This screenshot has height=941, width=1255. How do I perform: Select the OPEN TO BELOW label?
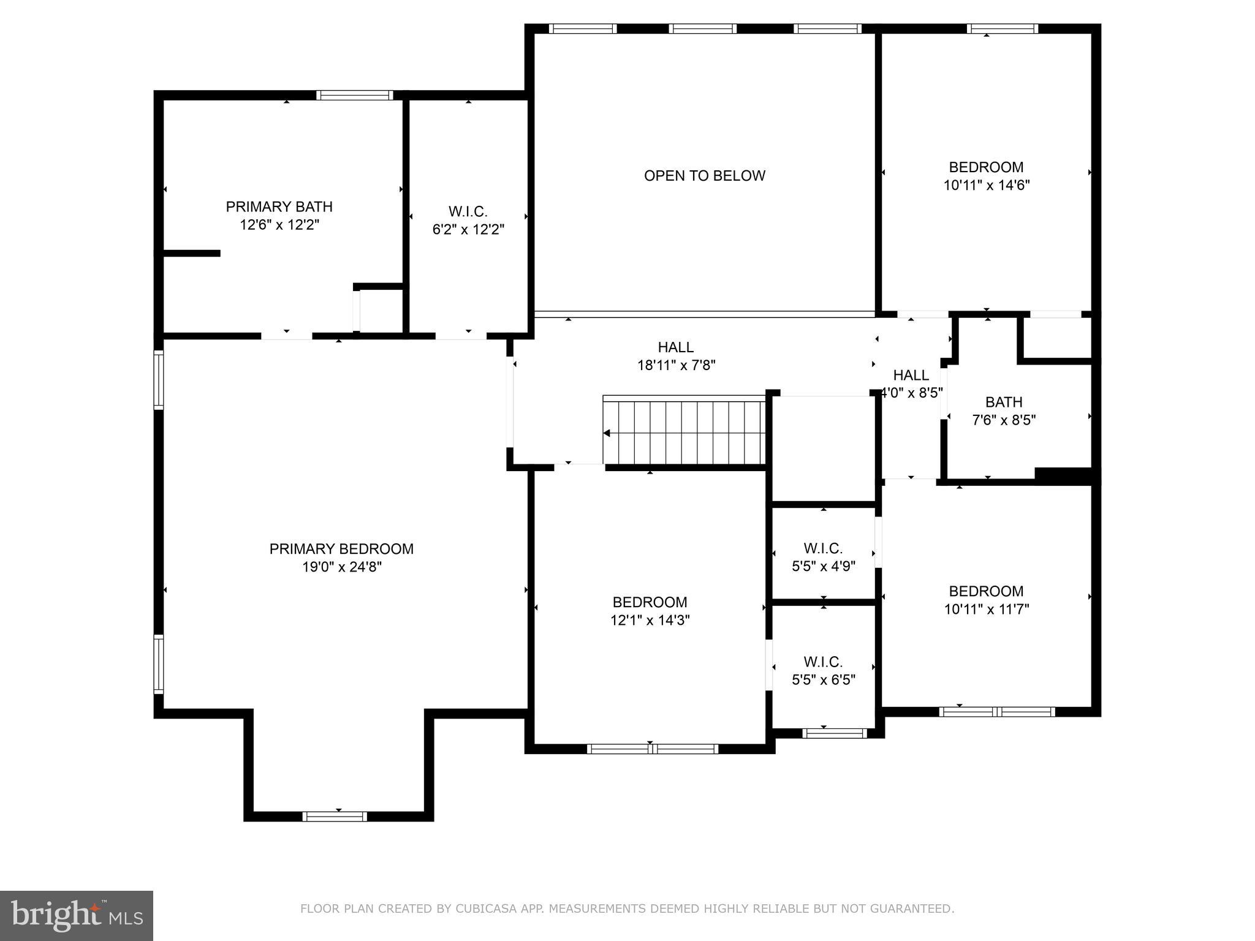[x=704, y=176]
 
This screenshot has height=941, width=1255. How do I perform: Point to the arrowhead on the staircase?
[x=607, y=433]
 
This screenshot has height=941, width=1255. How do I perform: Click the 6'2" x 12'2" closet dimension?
[x=468, y=230]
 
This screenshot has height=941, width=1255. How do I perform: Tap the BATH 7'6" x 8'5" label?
[x=1003, y=411]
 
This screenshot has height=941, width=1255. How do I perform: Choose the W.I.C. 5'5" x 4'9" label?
[x=823, y=557]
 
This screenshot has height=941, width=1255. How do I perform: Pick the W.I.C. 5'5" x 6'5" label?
[x=823, y=671]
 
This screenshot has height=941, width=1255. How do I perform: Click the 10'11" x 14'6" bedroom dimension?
[x=986, y=185]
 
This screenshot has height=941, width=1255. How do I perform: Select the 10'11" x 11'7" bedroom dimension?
[x=986, y=609]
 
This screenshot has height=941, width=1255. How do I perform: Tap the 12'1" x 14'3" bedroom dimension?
[x=650, y=620]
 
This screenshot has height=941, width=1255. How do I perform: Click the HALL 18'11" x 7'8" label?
[x=676, y=356]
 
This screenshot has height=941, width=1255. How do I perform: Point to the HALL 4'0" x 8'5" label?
[x=911, y=384]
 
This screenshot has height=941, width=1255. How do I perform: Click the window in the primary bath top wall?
[x=354, y=95]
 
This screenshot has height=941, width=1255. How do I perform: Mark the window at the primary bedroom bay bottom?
[x=335, y=816]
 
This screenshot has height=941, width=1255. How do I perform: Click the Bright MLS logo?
[x=77, y=915]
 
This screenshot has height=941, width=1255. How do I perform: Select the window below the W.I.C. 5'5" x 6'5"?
[x=833, y=733]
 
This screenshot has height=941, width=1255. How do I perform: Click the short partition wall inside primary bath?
[x=191, y=253]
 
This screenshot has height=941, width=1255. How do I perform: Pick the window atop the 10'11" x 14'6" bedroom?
[x=1002, y=28]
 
